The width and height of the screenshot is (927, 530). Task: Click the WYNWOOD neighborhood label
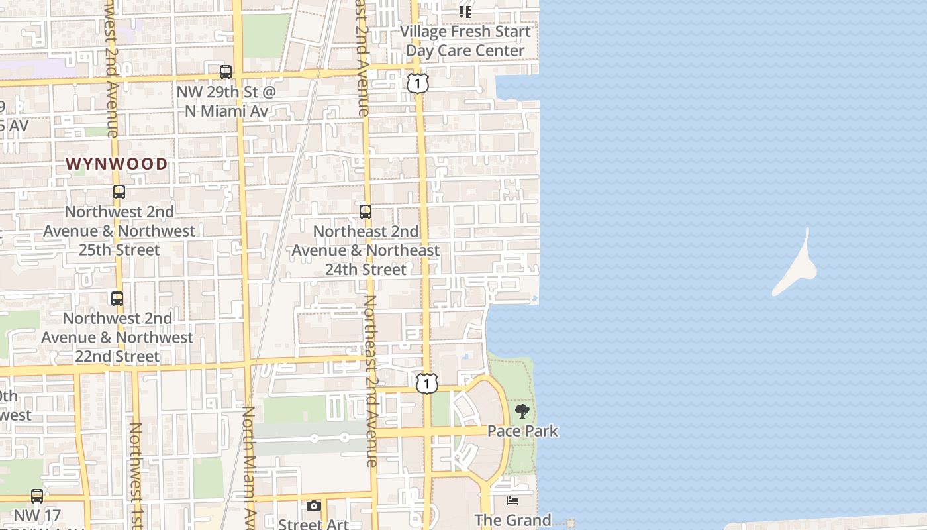point(117,164)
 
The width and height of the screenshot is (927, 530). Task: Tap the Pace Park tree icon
point(522,411)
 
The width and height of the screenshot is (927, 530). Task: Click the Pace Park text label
point(522,431)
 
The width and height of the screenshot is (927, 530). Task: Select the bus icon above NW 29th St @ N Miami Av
point(226,72)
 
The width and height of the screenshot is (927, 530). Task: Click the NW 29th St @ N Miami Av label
point(226,101)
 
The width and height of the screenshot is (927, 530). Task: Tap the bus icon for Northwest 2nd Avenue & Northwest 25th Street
point(119,192)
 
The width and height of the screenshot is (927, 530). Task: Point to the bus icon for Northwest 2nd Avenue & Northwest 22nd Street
point(117,299)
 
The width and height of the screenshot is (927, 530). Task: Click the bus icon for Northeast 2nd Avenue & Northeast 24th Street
point(366,212)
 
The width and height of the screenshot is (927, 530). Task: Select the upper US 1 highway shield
point(418,83)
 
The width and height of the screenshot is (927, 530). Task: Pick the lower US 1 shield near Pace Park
point(427,383)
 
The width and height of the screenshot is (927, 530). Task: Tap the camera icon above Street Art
point(314,506)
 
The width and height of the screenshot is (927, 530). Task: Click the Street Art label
point(313,524)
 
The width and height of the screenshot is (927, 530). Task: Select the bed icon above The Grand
point(512,501)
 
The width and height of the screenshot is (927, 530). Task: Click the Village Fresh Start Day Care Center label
point(465,41)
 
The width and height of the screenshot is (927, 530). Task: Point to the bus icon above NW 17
point(37,496)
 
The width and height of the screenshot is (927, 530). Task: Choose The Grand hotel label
point(512,520)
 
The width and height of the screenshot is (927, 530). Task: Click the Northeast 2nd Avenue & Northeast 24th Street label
point(366,250)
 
